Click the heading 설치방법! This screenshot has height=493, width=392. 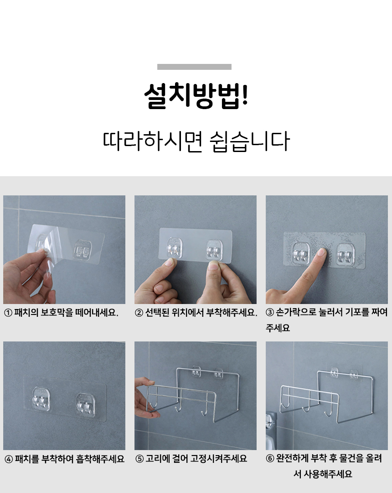coord(196,95)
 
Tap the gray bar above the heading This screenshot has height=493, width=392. coord(194,67)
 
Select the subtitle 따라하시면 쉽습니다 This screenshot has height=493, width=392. coord(196,141)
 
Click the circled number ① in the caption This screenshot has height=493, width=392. coord(8,313)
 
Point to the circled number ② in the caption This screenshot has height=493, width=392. coord(139,313)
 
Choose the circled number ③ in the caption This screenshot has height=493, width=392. coord(270,312)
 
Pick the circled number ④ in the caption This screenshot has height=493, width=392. coord(9,459)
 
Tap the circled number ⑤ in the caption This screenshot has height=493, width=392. coord(139,459)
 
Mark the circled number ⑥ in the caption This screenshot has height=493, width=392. coord(270,458)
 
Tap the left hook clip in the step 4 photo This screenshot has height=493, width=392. coord(41,399)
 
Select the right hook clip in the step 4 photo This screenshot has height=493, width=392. coord(86,405)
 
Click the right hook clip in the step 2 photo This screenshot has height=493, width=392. coord(214,250)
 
